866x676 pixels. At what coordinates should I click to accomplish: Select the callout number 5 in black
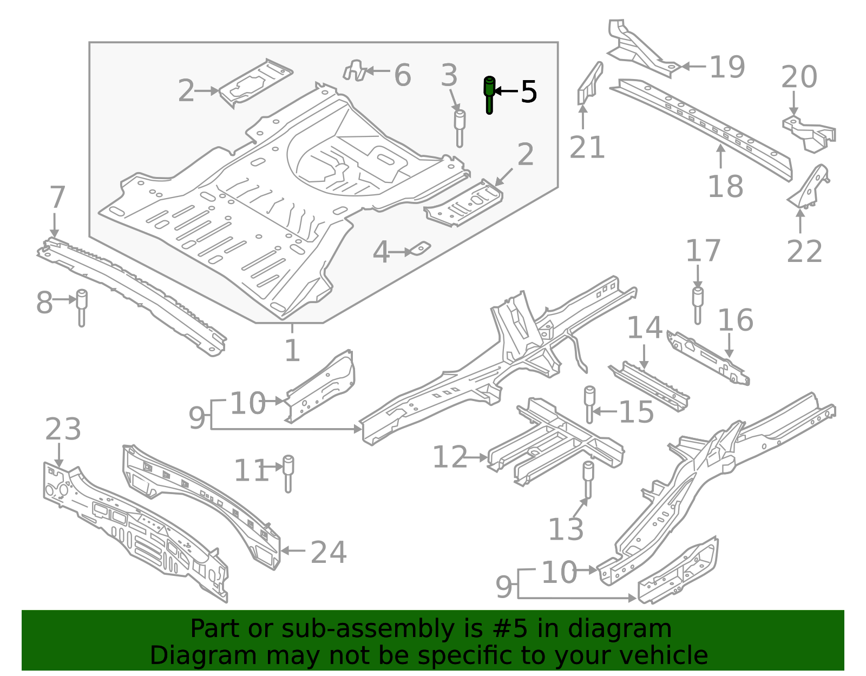pos(528,91)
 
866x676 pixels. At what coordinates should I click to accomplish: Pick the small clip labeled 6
pos(354,71)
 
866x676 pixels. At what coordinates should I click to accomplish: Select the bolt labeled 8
pos(82,306)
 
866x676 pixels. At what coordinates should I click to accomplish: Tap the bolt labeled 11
pos(288,472)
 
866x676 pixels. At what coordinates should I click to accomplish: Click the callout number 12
pos(449,457)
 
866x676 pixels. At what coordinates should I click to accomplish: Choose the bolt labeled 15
pos(589,403)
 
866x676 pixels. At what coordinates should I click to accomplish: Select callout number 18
pos(725,187)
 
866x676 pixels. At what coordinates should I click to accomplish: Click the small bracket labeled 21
pos(589,84)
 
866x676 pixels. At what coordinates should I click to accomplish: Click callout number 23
pos(63,429)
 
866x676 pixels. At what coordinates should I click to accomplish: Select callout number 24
pos(329,552)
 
